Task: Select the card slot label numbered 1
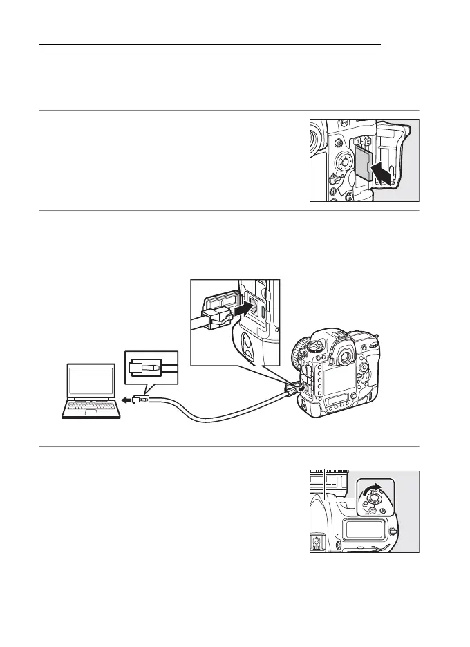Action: pyautogui.click(x=357, y=142)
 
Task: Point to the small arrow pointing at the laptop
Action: pyautogui.click(x=127, y=400)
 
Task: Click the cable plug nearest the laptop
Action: pyautogui.click(x=141, y=400)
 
